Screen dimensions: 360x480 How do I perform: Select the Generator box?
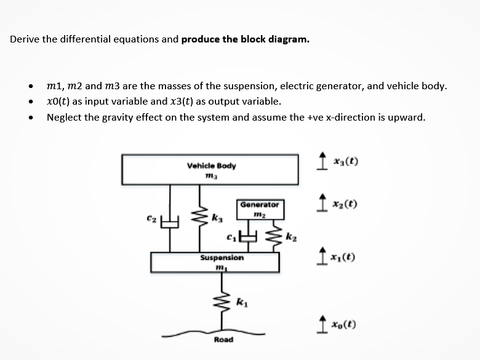(259, 209)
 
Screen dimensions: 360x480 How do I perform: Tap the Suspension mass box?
(215, 262)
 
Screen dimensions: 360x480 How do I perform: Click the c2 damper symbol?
(169, 219)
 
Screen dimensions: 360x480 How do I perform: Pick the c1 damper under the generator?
(249, 236)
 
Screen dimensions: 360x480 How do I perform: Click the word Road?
(223, 340)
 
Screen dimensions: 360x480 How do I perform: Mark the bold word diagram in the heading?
(290, 39)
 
